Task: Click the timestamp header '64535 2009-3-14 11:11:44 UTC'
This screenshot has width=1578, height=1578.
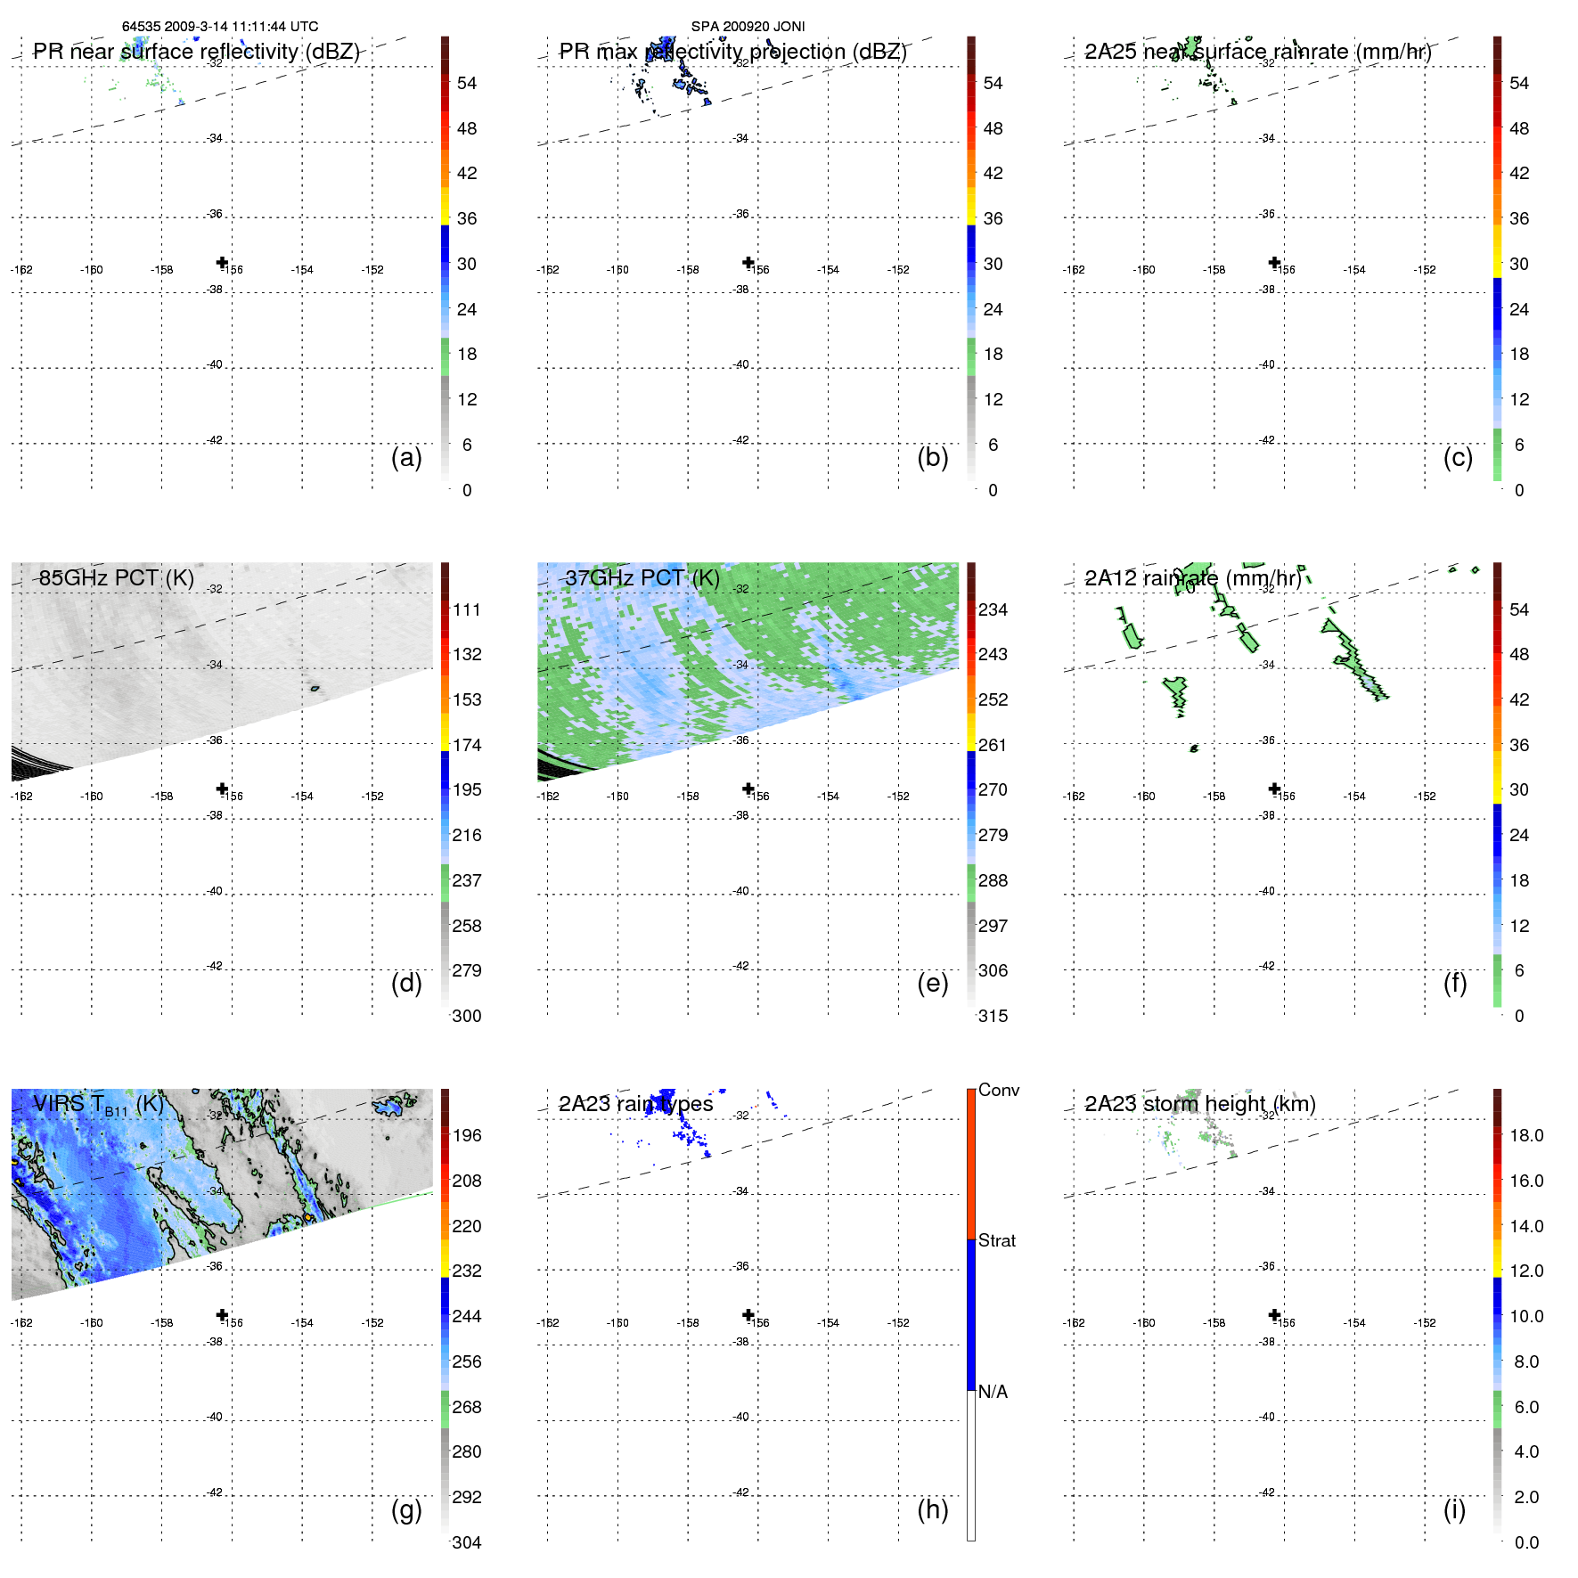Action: point(219,27)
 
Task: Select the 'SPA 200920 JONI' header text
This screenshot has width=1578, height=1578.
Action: point(748,27)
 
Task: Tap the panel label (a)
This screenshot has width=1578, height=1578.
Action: point(406,458)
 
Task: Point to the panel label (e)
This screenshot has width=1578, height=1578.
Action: point(932,984)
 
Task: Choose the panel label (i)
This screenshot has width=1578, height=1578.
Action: point(1454,1509)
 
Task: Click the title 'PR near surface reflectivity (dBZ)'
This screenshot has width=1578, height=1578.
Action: point(196,52)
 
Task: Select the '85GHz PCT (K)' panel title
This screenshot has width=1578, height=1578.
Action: point(116,578)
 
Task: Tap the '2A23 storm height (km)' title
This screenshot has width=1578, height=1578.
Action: point(1199,1104)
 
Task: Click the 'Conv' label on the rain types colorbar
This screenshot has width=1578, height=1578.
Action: point(998,1090)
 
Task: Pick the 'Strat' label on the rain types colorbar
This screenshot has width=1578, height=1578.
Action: point(996,1240)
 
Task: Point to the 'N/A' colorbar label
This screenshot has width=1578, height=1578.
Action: point(993,1392)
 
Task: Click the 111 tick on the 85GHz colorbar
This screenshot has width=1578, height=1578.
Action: point(467,609)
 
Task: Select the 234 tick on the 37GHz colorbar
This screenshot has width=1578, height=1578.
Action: point(993,609)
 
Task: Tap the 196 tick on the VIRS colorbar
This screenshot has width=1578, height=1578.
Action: point(467,1135)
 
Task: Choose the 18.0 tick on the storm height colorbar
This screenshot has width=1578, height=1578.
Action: point(1525,1135)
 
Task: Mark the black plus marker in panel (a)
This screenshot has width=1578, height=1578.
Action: point(222,262)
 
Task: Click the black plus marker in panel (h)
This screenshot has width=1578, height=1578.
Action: point(748,1314)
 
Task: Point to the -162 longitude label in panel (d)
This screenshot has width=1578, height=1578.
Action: point(21,797)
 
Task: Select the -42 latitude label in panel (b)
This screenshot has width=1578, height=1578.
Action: point(741,440)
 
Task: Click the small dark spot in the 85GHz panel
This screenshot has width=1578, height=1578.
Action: point(315,688)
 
